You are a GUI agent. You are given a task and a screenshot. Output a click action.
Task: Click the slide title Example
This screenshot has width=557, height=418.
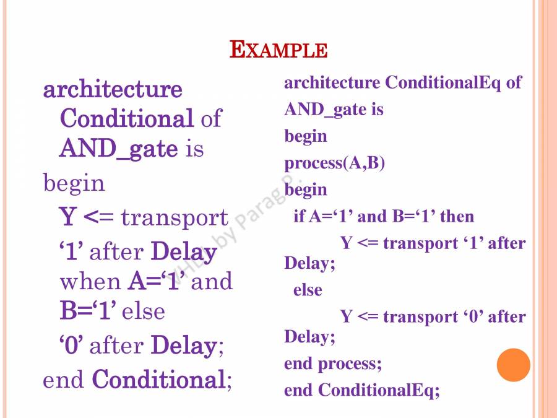[278, 50]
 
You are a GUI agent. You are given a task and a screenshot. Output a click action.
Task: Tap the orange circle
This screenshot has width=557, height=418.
[514, 364]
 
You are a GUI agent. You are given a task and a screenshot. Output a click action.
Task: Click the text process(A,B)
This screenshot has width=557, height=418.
[334, 163]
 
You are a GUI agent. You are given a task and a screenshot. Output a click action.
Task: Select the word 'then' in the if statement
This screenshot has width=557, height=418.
[456, 216]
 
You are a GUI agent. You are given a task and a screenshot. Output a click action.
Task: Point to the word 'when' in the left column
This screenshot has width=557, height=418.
[90, 282]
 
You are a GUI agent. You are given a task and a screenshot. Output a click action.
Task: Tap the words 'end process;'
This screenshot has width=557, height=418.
[333, 364]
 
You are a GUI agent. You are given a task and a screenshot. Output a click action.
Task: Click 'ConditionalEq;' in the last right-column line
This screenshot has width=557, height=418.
[379, 390]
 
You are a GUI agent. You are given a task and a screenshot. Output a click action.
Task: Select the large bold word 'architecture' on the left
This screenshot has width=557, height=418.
[113, 90]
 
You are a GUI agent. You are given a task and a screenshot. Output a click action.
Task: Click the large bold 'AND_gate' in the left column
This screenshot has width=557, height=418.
[118, 149]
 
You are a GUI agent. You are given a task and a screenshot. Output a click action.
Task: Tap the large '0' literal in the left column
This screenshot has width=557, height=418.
[71, 346]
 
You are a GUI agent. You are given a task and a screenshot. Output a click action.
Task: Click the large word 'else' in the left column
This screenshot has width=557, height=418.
[144, 311]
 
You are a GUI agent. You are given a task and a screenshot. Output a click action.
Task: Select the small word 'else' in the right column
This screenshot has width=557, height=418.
[308, 290]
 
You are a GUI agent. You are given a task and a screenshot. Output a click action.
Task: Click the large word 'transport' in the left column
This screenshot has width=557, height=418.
[175, 218]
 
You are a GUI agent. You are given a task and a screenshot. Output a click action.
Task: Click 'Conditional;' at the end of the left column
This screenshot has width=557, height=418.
[162, 380]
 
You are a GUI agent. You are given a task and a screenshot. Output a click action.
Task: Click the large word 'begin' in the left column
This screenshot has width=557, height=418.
[74, 183]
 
